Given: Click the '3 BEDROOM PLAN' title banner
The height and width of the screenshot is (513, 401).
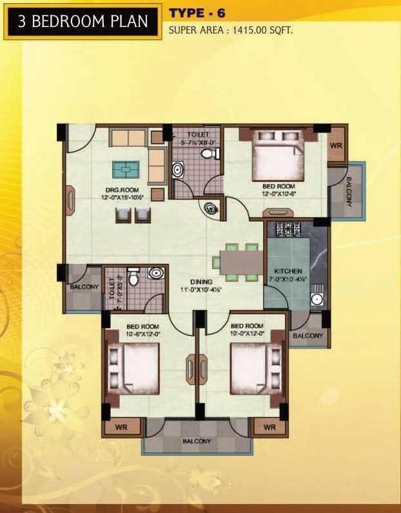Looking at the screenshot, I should point(83,23).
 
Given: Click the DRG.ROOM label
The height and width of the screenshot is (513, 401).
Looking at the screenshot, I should point(121,190).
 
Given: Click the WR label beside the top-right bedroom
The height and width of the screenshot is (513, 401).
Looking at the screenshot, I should point(336,146).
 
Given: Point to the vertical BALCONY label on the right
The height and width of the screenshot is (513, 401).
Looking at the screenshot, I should point(349,191).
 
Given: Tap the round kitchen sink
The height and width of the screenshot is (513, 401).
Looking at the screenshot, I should point(317,299).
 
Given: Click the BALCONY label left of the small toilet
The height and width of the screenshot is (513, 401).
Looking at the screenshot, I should point(84,287).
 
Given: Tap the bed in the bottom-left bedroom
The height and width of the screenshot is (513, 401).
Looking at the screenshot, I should point(136,367).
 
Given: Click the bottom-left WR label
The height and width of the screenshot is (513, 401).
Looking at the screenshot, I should point(121,427).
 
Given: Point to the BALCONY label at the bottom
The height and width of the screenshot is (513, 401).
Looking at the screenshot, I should point(197,442).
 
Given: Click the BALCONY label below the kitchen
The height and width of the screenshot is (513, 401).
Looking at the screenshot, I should point(308,336).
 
